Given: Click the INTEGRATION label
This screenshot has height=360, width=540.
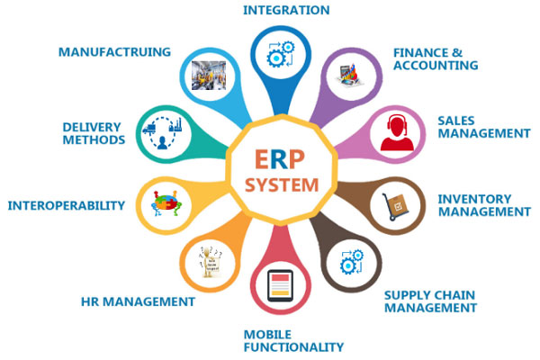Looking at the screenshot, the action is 286,10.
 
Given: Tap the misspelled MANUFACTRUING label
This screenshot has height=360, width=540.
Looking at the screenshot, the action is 114,52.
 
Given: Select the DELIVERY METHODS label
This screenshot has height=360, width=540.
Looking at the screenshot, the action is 94,133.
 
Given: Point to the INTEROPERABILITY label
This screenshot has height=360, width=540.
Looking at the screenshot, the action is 66,206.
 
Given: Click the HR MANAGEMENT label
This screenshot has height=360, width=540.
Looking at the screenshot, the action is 138,301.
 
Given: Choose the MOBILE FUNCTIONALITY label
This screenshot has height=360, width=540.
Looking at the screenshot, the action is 293,341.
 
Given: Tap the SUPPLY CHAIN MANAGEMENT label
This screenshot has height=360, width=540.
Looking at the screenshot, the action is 430,301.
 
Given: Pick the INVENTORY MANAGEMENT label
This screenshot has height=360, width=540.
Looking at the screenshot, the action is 484,205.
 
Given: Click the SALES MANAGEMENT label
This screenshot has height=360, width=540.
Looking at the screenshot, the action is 484,127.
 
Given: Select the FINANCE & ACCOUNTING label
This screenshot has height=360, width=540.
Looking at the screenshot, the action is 436,58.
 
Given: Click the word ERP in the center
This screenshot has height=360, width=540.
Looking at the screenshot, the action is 280,159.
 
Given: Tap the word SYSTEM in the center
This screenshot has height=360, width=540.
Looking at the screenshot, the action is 282,185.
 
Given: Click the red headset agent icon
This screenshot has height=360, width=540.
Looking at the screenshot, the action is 397,133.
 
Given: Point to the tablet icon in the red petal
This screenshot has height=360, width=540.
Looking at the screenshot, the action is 280,285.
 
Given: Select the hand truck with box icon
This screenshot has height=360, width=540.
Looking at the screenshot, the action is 396,206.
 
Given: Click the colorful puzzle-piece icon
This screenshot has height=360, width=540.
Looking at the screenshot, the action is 166,203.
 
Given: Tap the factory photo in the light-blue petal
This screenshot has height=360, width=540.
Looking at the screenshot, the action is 209,76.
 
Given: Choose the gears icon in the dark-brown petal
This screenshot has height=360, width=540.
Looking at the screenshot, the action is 352,262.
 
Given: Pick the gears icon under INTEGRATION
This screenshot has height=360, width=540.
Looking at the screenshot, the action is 281,54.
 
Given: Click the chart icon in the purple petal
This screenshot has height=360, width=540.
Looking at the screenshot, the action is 350,75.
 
